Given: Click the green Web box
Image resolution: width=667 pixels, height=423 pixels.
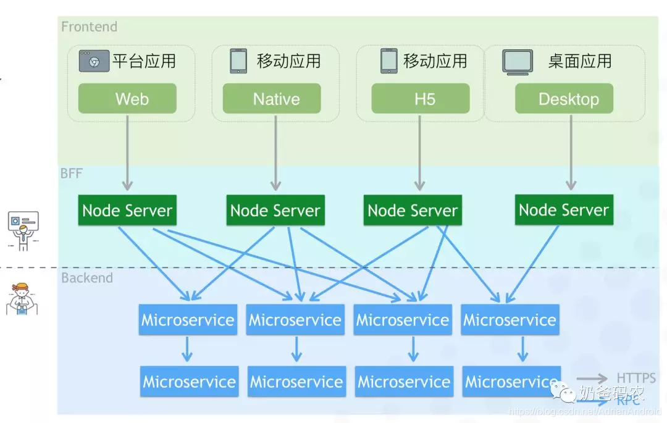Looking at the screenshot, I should (127, 99).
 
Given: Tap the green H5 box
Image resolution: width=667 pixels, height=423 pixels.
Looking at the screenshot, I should (420, 99).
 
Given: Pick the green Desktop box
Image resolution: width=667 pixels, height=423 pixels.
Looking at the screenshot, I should (564, 99).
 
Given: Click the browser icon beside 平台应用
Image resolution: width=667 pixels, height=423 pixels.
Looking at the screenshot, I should (94, 61).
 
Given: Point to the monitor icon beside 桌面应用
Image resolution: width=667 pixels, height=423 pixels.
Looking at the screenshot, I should (518, 62).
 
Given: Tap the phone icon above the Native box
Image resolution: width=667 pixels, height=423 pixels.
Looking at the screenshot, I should (238, 61).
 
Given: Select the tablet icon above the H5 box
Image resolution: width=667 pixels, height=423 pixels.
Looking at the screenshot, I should (388, 61).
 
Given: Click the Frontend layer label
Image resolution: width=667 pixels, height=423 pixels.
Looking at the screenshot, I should (89, 27).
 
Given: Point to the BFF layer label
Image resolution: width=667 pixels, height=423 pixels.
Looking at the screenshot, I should (71, 174).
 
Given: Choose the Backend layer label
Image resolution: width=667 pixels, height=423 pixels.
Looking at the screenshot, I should (87, 278).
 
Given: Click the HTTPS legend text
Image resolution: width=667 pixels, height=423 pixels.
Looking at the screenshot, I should (636, 378).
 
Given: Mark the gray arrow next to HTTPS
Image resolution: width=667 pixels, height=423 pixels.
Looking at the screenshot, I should (592, 379).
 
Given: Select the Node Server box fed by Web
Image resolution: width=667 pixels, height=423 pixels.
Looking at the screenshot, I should (127, 211).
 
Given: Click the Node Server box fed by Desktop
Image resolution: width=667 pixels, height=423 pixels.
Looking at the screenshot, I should (564, 210).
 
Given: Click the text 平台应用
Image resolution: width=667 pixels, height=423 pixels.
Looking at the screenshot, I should (144, 61).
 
